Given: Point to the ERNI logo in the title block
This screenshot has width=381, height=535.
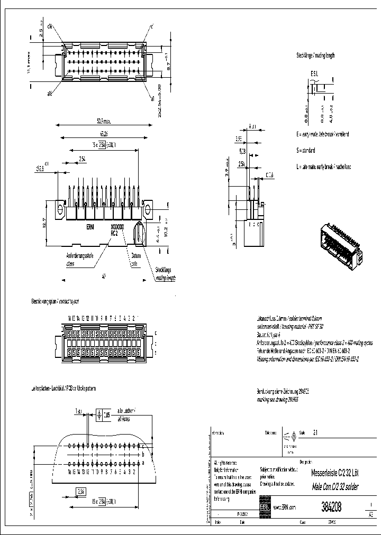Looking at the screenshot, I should click(265, 506).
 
